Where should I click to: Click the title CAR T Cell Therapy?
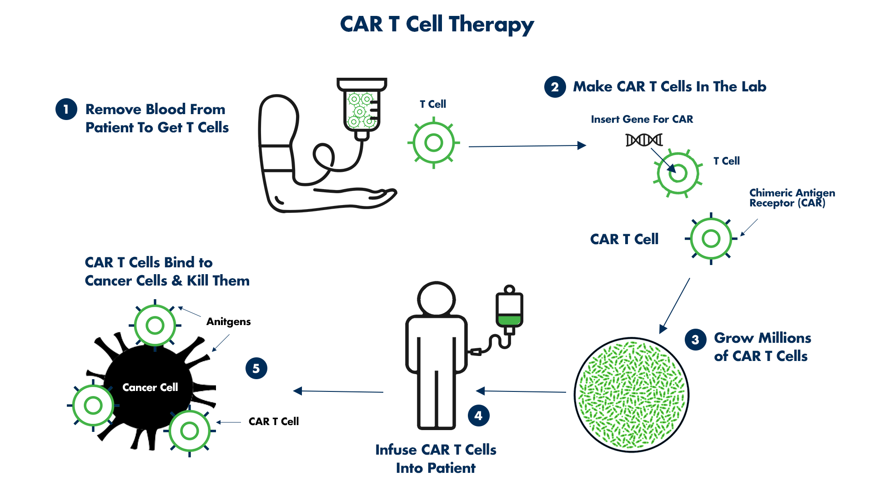click(437, 25)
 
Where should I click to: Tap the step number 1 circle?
click(66, 110)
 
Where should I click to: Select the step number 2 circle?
click(555, 87)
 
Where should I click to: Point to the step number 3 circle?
click(696, 340)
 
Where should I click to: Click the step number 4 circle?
click(479, 416)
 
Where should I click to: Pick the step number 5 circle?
click(256, 368)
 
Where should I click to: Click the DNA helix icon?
click(644, 140)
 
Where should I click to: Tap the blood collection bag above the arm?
click(362, 108)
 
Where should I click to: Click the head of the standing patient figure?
click(436, 299)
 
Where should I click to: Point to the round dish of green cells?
click(632, 395)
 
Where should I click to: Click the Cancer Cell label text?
click(150, 387)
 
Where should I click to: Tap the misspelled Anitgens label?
click(229, 322)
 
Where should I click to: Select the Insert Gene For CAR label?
click(642, 119)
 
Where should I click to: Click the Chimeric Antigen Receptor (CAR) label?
click(792, 198)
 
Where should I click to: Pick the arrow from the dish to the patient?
click(521, 391)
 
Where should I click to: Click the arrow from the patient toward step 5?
click(338, 391)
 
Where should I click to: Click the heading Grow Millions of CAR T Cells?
click(763, 347)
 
